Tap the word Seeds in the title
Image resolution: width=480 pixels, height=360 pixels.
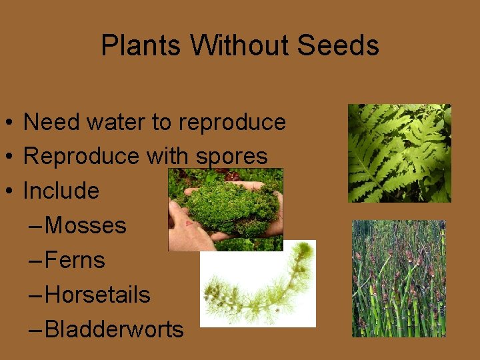[x=338, y=46]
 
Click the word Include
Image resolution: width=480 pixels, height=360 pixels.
[x=61, y=191]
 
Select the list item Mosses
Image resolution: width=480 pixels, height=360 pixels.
[x=85, y=225]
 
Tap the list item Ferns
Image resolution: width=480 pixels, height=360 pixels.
[x=75, y=260]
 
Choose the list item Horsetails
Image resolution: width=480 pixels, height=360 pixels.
[x=97, y=295]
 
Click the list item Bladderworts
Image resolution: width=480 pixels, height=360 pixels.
[x=114, y=329]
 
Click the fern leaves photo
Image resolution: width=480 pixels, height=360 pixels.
[x=399, y=153]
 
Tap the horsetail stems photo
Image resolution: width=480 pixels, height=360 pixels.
[x=399, y=279]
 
